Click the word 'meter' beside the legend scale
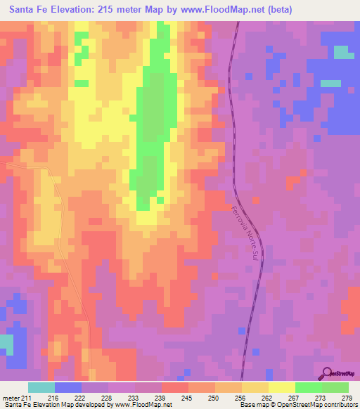pyautogui.click(x=13, y=397)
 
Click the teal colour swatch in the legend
pyautogui.click(x=41, y=387)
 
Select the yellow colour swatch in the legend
pyautogui.click(x=282, y=387)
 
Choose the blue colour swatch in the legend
pyautogui.click(x=68, y=387)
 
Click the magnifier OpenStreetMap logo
pyautogui.click(x=326, y=373)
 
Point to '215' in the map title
pyautogui.click(x=114, y=9)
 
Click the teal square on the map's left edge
pyautogui.click(x=6, y=344)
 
